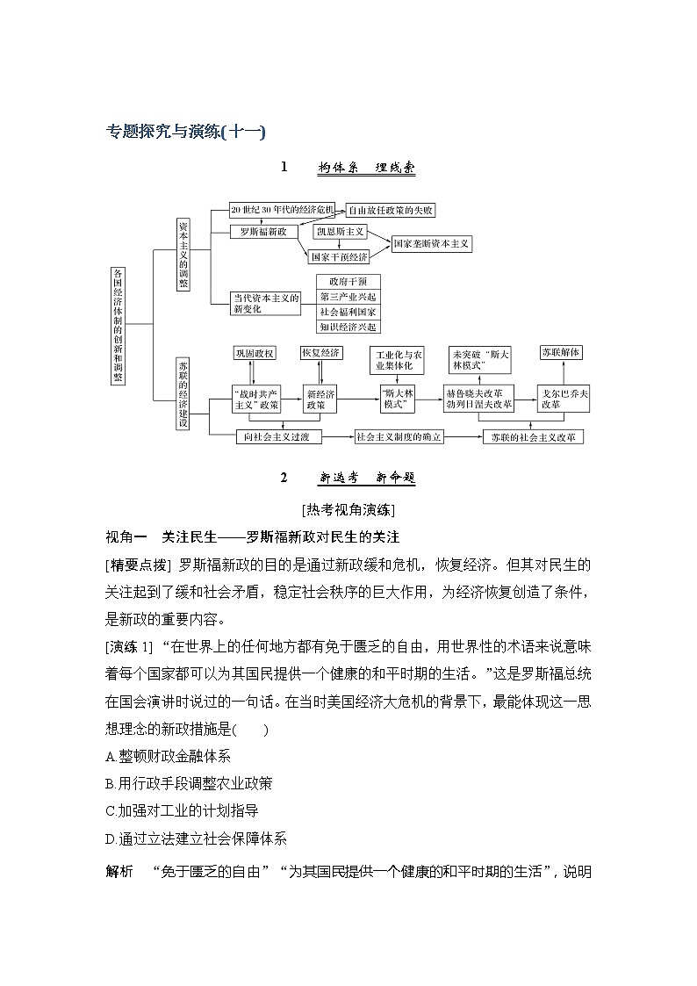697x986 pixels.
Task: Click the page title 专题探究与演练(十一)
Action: tap(185, 132)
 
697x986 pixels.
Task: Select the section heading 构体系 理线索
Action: tap(366, 168)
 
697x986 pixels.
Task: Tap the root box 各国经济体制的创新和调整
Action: tap(119, 325)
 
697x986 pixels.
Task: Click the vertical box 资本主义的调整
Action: tap(183, 255)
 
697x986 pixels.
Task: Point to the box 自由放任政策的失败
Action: tap(391, 211)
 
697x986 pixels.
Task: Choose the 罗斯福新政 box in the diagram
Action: tap(263, 233)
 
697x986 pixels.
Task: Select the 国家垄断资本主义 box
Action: tap(431, 243)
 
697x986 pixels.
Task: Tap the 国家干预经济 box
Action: tap(339, 257)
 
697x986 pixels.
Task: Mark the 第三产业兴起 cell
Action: tap(348, 297)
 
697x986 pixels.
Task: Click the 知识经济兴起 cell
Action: tap(348, 327)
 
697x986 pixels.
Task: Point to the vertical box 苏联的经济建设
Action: tap(183, 392)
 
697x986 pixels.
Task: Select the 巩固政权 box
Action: tap(255, 352)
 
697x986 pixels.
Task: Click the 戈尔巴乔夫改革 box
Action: tap(563, 399)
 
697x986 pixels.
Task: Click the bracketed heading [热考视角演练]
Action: tap(348, 510)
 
